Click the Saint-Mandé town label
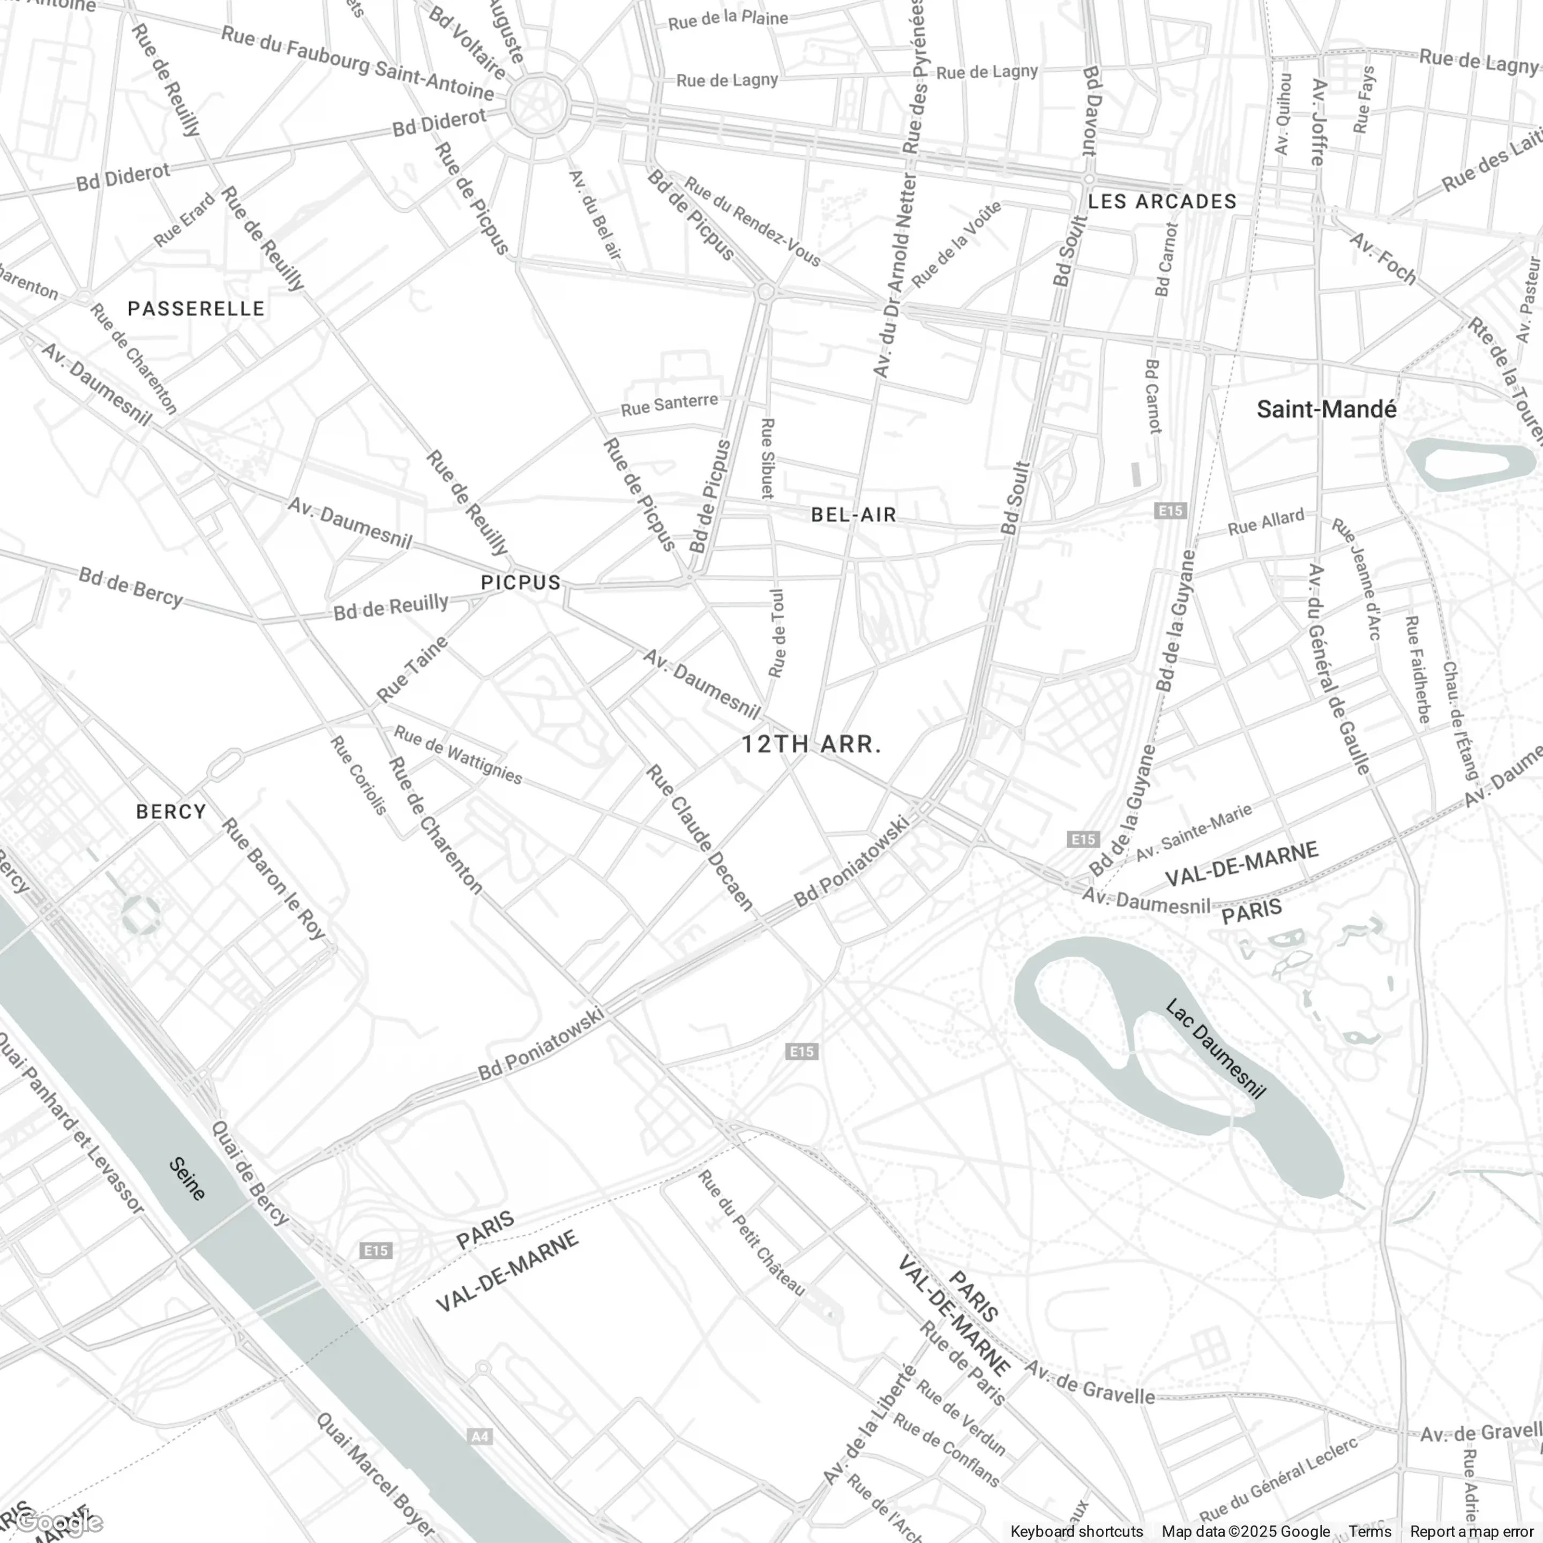(1327, 410)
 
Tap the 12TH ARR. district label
(812, 744)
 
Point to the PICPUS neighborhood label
(521, 583)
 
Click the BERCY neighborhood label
(171, 812)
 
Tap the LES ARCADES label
(1162, 201)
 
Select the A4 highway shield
(479, 1437)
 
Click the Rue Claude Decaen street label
(700, 837)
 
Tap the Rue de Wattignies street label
(458, 755)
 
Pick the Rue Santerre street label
(669, 405)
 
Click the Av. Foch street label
(1383, 258)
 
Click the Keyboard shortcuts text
(1076, 1531)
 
